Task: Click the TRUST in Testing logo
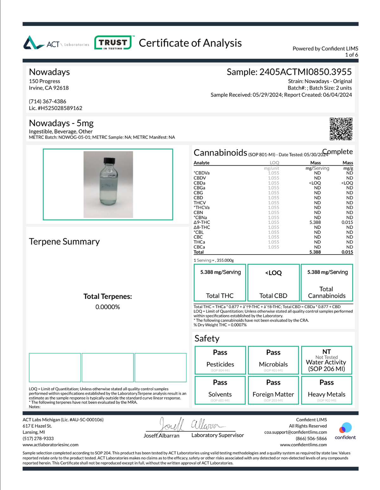(113, 42)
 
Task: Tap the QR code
(341, 129)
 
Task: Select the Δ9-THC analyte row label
(202, 222)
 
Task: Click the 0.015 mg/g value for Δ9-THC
(347, 222)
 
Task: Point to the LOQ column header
(274, 163)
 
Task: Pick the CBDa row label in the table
(199, 183)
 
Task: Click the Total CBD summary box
(273, 282)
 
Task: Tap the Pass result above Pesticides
(220, 352)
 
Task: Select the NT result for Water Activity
(326, 351)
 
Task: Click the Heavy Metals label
(326, 394)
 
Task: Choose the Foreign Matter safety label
(273, 394)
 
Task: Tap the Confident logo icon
(345, 428)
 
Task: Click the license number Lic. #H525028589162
(55, 108)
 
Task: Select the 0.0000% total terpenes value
(108, 307)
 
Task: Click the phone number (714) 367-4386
(47, 101)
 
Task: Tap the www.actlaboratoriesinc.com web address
(50, 445)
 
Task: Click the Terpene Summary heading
(64, 242)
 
